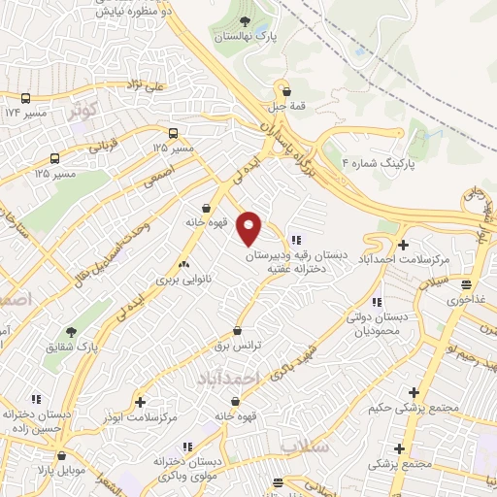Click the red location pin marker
[x=249, y=228]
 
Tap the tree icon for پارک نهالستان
[x=244, y=21]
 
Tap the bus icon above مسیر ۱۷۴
[x=24, y=98]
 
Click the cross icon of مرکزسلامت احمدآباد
[x=402, y=244]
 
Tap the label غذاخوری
[x=467, y=300]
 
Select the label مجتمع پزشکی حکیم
[x=399, y=408]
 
